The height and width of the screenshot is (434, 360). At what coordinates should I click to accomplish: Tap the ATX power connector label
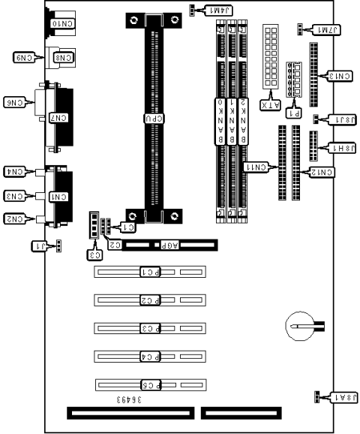pos(268,105)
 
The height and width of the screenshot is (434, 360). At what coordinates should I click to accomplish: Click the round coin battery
pos(300,327)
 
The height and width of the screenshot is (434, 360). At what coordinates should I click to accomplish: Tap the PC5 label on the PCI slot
pos(151,384)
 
